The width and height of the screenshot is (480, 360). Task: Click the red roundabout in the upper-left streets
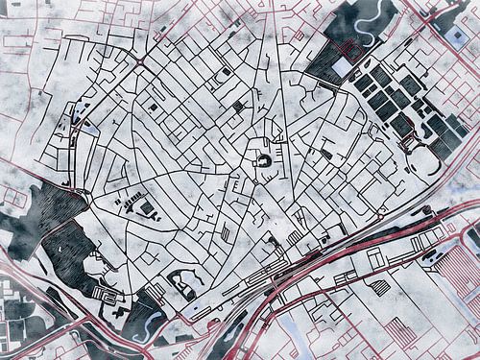point(141,64)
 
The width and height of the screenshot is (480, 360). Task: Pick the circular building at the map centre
point(262,161)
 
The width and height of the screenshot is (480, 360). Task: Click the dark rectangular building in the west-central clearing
point(147,207)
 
